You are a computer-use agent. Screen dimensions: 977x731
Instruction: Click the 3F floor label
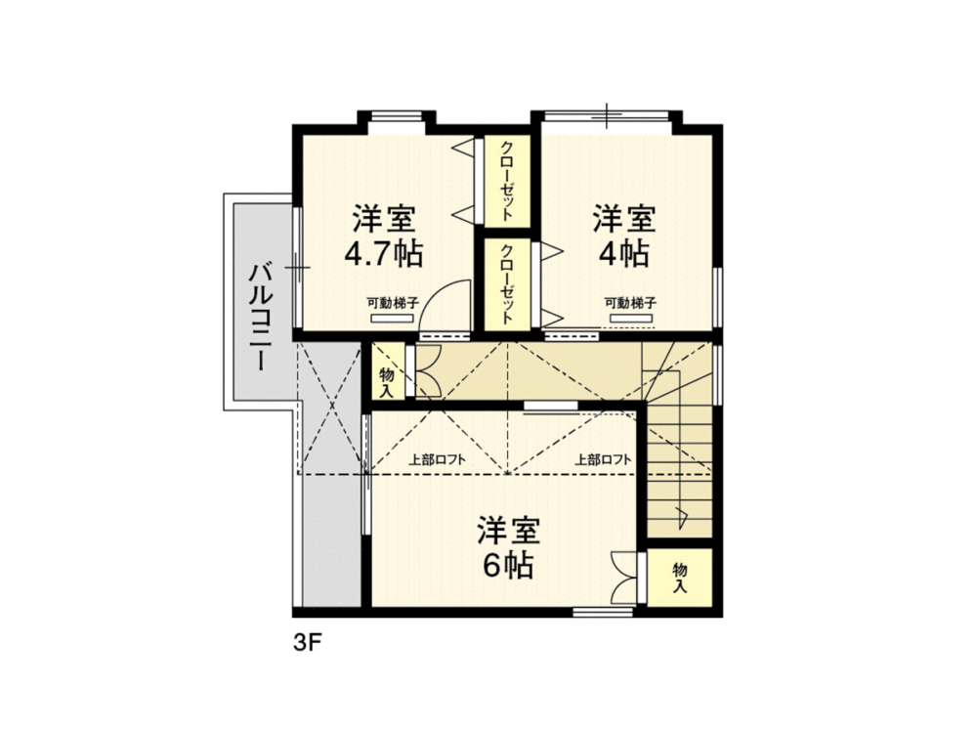[307, 642]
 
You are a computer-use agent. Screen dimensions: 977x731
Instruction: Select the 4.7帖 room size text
[384, 254]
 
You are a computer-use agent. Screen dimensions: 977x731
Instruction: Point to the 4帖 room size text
[623, 254]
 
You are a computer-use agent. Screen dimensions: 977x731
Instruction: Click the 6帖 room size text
[508, 565]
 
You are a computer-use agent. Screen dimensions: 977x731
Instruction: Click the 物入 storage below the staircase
[680, 578]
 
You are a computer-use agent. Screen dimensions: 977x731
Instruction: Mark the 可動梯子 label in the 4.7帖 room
[393, 304]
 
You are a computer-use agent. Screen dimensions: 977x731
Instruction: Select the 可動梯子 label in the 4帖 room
[630, 304]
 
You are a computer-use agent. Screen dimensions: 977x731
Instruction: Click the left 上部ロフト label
[438, 460]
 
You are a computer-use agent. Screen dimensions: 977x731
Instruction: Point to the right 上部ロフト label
[603, 460]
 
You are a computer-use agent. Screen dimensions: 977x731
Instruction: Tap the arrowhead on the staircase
[682, 515]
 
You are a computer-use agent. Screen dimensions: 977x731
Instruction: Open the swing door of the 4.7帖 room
[445, 309]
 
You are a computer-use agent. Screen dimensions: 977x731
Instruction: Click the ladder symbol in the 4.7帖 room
[393, 319]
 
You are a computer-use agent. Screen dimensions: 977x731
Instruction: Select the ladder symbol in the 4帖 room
[630, 319]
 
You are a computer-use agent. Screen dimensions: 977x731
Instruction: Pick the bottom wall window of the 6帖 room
[603, 613]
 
